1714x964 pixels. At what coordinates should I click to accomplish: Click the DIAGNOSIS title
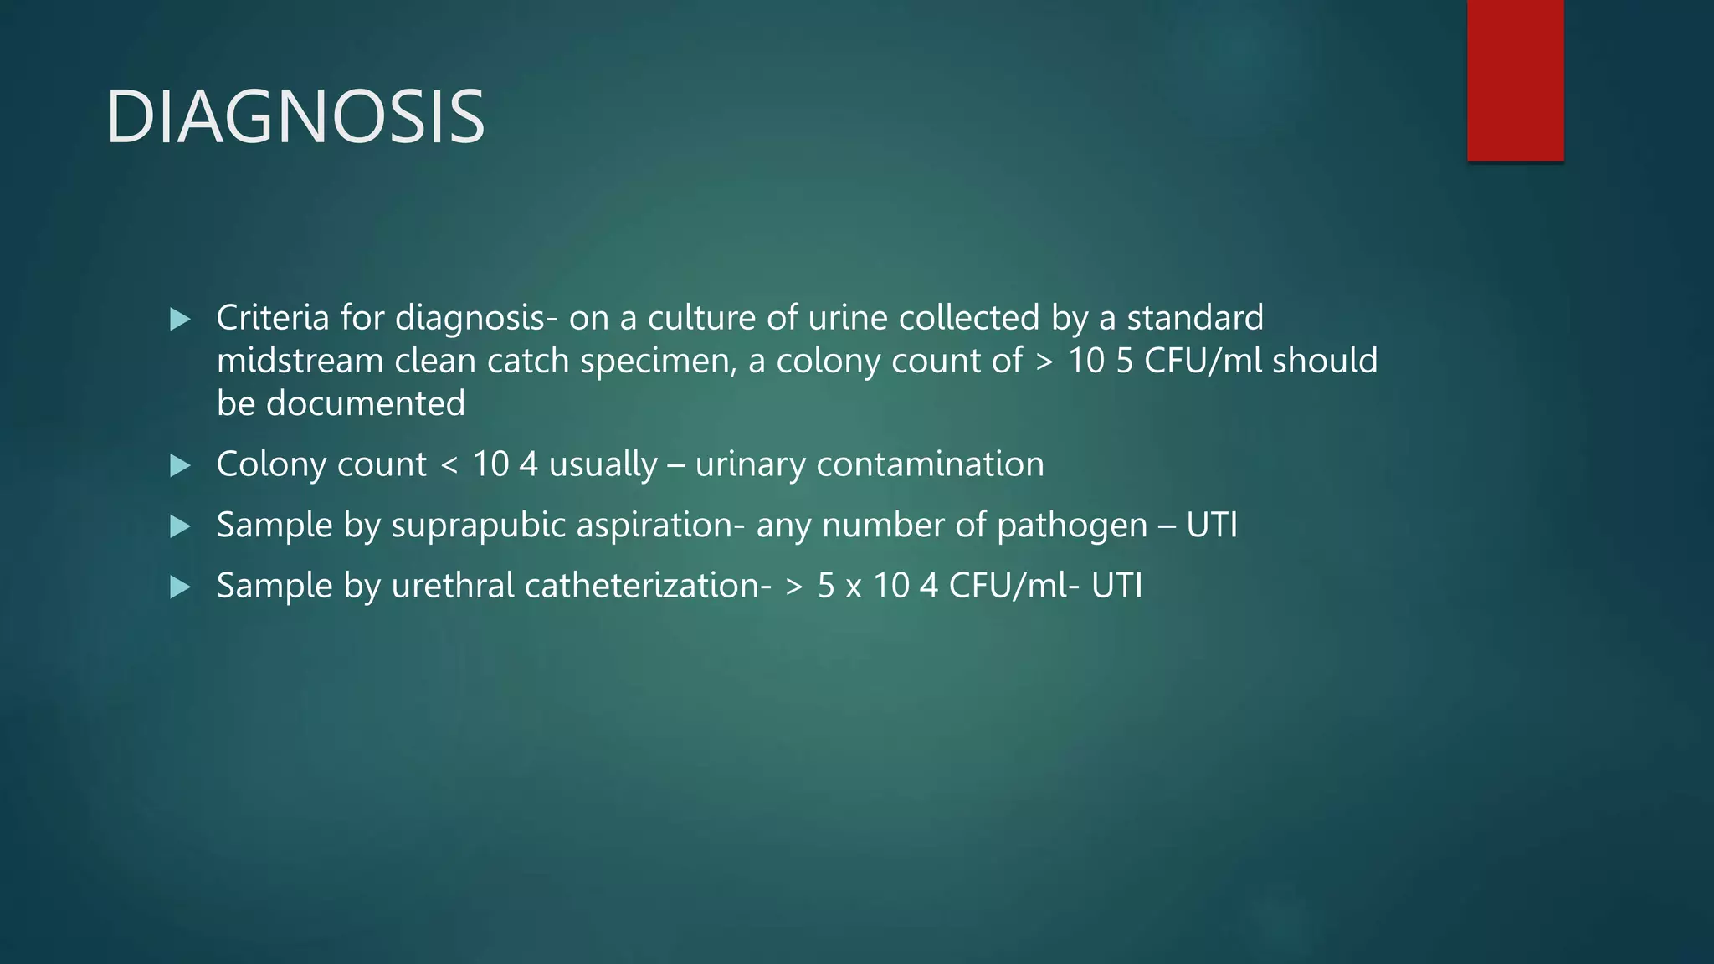coord(295,116)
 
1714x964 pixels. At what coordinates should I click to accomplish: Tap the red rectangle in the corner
coord(1515,80)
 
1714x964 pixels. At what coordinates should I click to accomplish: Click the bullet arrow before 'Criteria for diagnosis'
coord(180,319)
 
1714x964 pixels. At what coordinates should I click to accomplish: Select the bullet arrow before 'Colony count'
coord(180,465)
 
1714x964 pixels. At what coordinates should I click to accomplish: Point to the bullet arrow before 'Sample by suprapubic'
coord(180,526)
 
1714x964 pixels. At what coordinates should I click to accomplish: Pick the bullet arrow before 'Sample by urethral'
coord(180,587)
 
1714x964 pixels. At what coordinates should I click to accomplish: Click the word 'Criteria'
coord(273,318)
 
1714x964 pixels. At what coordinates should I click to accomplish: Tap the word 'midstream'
coord(300,361)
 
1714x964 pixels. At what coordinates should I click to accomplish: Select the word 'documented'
coord(365,404)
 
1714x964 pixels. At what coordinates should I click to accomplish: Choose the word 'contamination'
coord(930,464)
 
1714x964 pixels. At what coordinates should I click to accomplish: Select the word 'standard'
coord(1194,318)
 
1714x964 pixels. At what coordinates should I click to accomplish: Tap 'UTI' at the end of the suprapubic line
coord(1211,526)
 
